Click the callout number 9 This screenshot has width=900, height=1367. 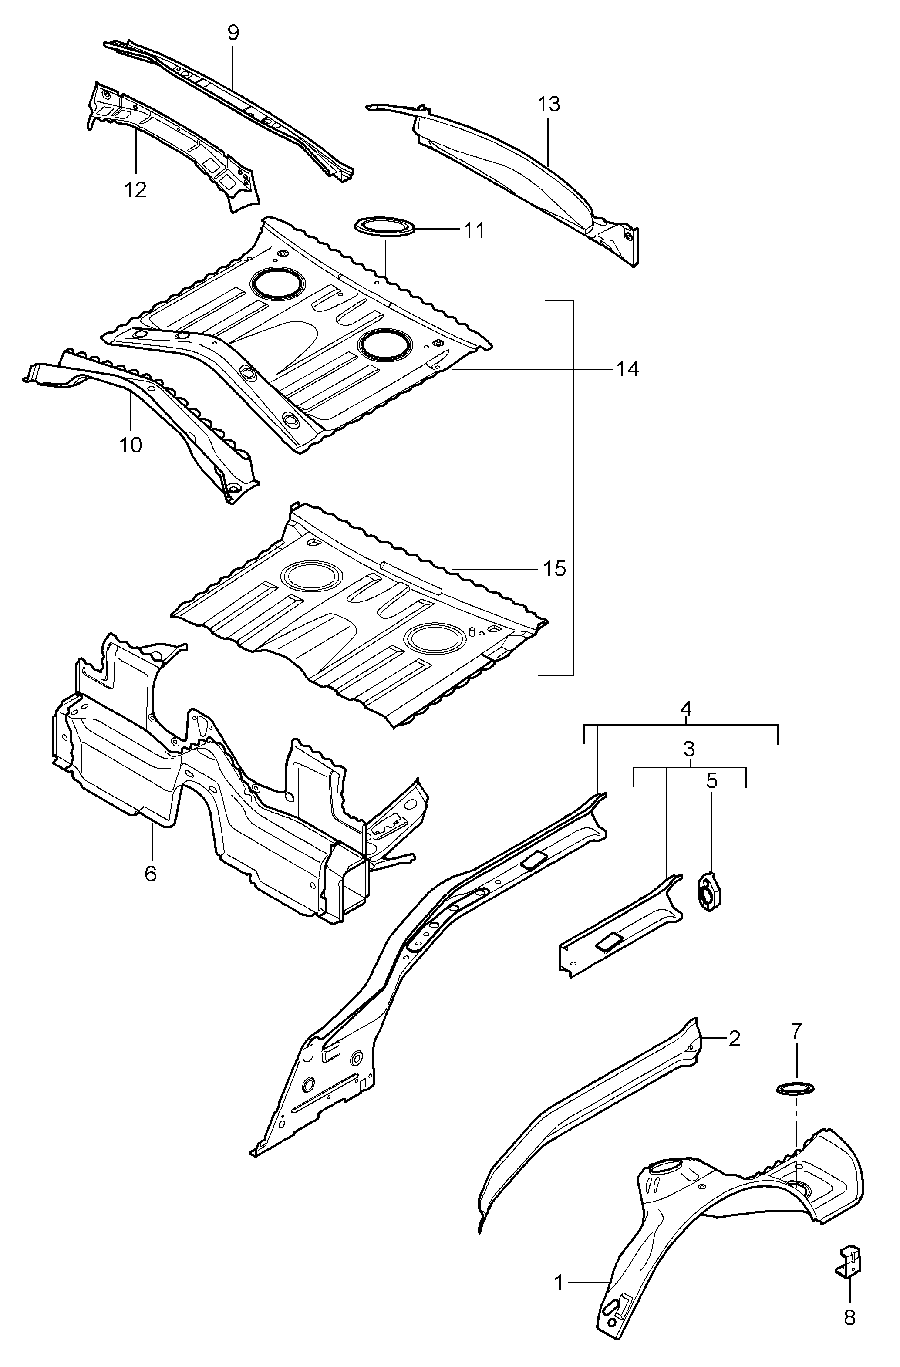pyautogui.click(x=233, y=33)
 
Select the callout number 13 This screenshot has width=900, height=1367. pyautogui.click(x=549, y=105)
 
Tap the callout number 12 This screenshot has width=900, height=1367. pyautogui.click(x=135, y=189)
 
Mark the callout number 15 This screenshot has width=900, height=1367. pyautogui.click(x=555, y=569)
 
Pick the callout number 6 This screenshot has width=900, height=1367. pyautogui.click(x=151, y=874)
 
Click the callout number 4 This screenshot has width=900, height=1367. pyautogui.click(x=686, y=709)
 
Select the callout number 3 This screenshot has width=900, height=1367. pyautogui.click(x=689, y=749)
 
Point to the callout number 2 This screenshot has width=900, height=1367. pyautogui.click(x=734, y=1039)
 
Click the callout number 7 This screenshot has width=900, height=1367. pyautogui.click(x=796, y=1032)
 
